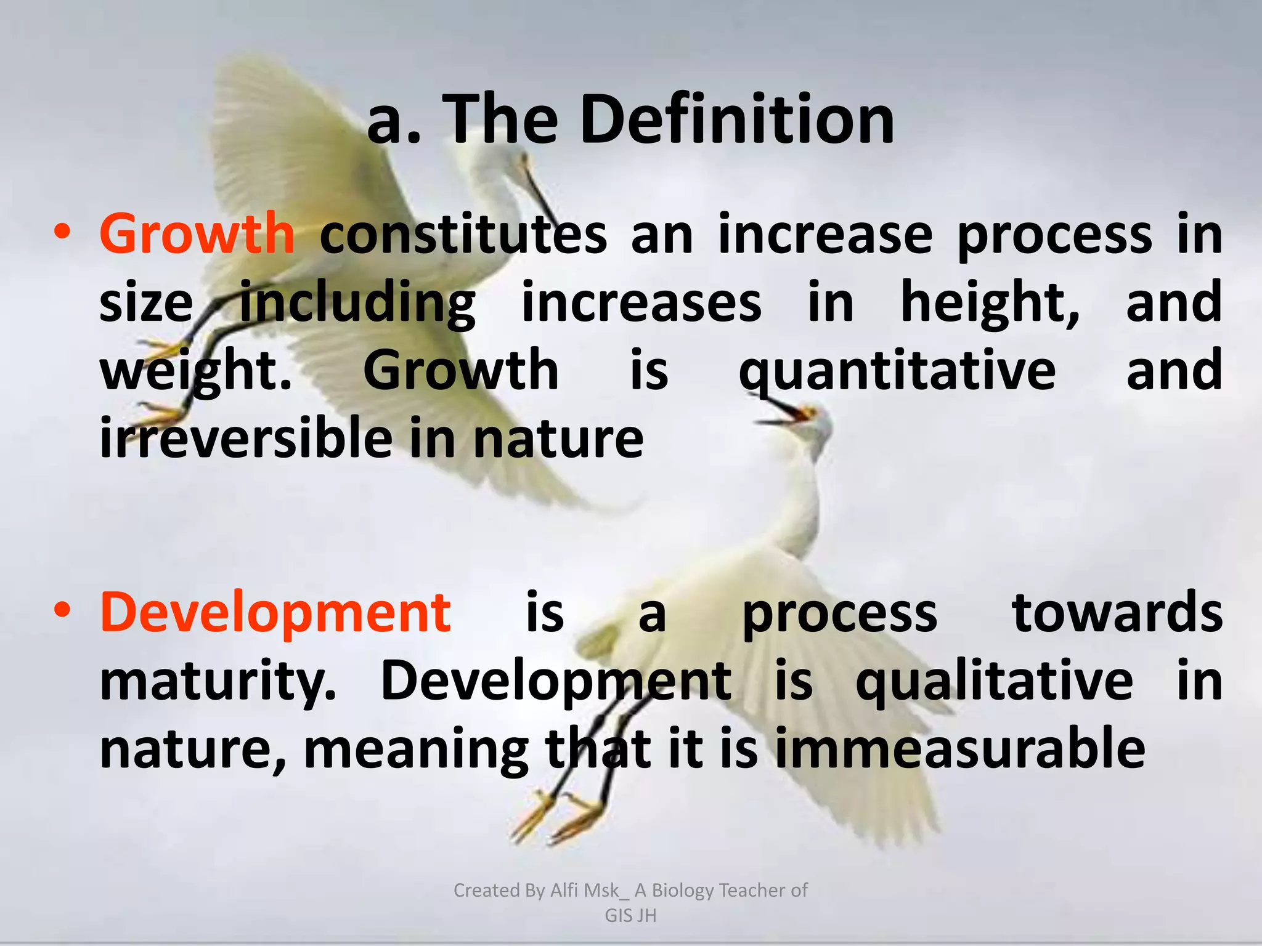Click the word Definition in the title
pos(736,120)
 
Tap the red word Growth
pos(197,234)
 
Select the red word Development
pos(275,613)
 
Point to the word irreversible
pos(246,439)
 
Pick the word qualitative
pos(994,682)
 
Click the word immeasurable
pos(959,749)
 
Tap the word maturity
pos(218,682)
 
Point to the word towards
pos(1117,613)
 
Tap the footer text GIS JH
pos(630,916)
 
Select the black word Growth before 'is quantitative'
pos(461,370)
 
